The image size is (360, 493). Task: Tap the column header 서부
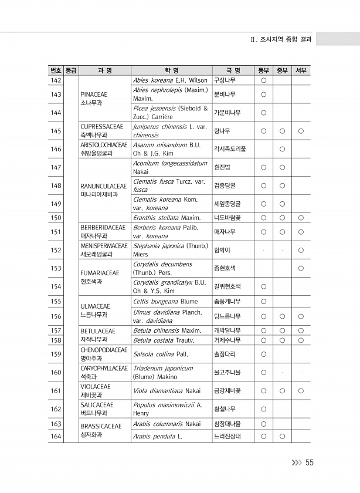[x=301, y=71]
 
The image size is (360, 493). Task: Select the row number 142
[x=56, y=80]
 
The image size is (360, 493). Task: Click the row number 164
[x=56, y=436]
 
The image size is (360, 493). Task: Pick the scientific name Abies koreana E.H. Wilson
[x=170, y=80]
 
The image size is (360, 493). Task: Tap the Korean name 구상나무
[x=225, y=80]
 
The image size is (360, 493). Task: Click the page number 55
[x=310, y=462]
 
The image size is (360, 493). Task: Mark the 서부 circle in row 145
[x=301, y=131]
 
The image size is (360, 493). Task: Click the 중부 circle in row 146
[x=282, y=149]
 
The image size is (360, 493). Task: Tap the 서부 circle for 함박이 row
[x=301, y=250]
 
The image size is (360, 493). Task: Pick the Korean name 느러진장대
[x=227, y=436]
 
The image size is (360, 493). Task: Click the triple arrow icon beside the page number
[x=297, y=462]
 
